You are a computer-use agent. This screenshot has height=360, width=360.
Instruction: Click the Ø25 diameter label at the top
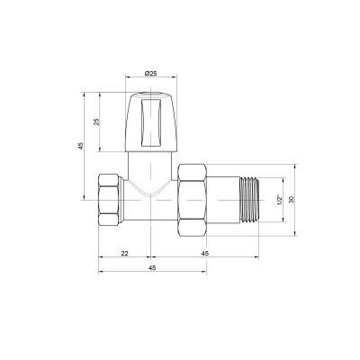pos(148,71)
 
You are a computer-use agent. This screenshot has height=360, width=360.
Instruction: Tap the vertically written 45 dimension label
pos(81,147)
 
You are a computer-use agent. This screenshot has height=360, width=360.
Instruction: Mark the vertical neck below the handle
pos(148,166)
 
